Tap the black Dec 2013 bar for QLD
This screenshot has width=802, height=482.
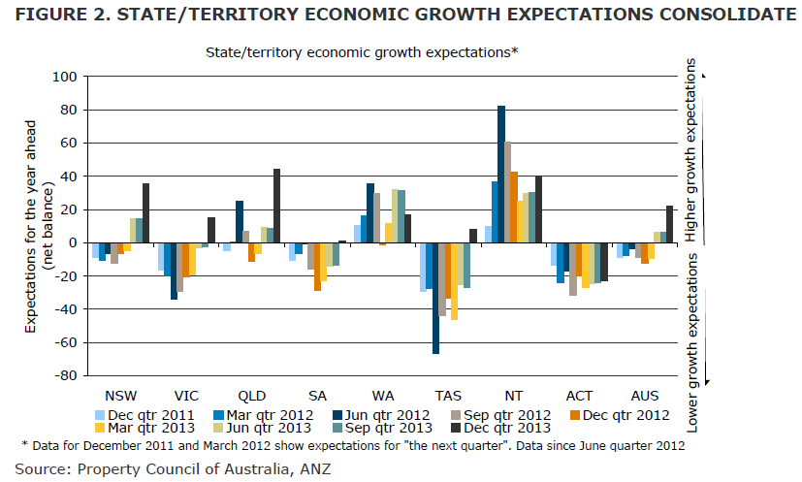click(277, 206)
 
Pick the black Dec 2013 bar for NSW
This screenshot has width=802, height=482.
click(146, 213)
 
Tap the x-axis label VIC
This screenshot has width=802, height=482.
click(185, 396)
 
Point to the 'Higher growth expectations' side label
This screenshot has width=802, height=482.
click(690, 150)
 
